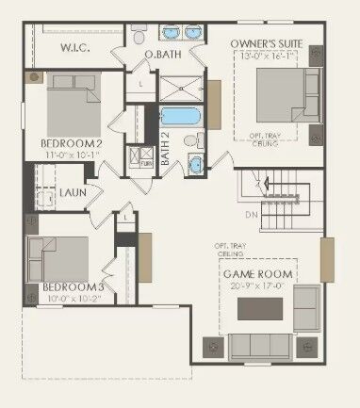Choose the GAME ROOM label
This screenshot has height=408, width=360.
(x=257, y=274)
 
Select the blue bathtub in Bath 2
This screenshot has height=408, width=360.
(x=179, y=118)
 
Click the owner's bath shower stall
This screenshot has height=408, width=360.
(x=179, y=90)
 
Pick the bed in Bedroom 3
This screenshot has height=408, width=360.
(x=59, y=256)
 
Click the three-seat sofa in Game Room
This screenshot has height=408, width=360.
(x=261, y=347)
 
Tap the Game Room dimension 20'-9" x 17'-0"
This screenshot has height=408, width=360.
(x=257, y=287)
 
